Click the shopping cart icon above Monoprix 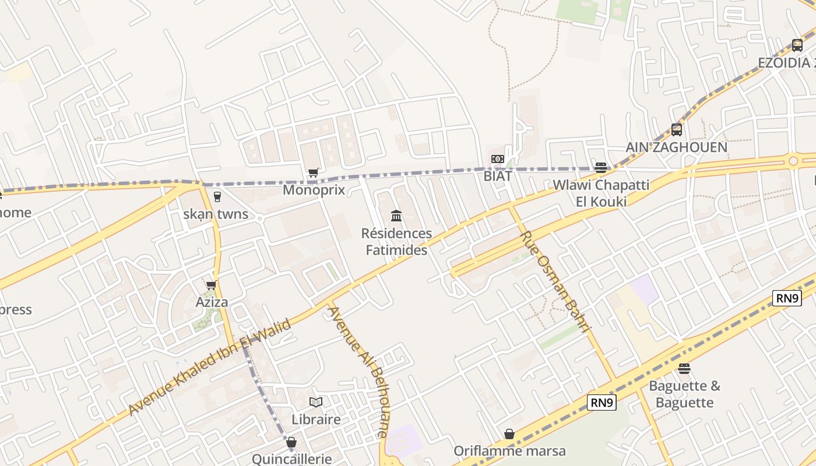click(x=314, y=172)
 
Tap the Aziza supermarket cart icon click(x=211, y=285)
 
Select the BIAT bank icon click(x=497, y=159)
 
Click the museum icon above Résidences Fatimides click(x=396, y=216)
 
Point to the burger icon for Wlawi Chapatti click(x=600, y=168)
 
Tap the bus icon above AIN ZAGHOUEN click(x=676, y=129)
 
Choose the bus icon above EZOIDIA click(x=797, y=45)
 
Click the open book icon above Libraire click(x=316, y=402)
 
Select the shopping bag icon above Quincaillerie click(x=291, y=442)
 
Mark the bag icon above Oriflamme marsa click(x=509, y=434)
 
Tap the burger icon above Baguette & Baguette click(x=684, y=369)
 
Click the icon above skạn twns click(x=217, y=197)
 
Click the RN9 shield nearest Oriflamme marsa click(x=602, y=403)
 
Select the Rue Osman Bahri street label click(x=555, y=282)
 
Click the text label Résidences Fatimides click(x=396, y=242)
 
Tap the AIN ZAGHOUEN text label click(x=676, y=147)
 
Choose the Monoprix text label click(x=314, y=190)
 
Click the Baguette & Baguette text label click(x=684, y=394)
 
